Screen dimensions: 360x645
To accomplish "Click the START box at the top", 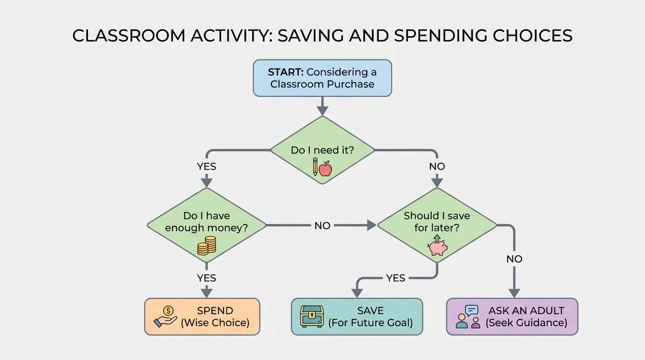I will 322,78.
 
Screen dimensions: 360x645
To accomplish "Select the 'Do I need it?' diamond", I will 322,150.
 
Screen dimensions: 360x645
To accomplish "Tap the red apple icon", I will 325,168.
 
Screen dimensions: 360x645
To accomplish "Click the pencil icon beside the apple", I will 315,167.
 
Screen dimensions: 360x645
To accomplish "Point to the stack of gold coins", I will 206,246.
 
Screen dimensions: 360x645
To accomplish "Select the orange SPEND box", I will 202,316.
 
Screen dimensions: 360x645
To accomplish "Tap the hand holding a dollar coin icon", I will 165,316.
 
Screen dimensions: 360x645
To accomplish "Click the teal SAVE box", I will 357,316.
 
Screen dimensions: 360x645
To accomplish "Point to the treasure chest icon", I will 312,316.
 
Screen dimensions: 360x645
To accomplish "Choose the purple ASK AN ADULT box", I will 512,316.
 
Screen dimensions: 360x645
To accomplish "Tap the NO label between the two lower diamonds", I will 322,225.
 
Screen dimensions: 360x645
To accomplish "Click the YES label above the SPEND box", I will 206,278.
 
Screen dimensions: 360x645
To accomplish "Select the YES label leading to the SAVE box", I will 395,278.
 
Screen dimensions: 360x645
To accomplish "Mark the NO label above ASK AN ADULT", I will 514,259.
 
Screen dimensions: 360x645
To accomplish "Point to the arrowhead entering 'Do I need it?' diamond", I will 322,111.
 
